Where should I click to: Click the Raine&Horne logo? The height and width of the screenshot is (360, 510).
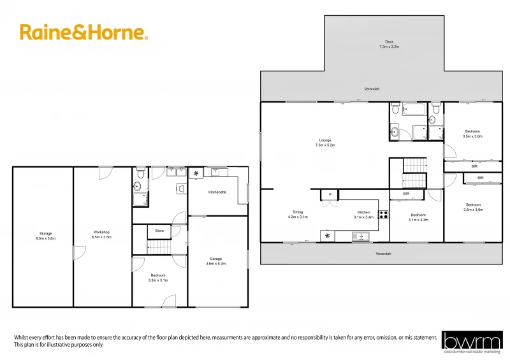click(84, 32)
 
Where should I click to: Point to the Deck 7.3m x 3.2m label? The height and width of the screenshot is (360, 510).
click(388, 45)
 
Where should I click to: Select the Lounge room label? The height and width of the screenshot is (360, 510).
click(325, 143)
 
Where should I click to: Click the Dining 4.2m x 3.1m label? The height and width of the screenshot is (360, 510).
click(298, 215)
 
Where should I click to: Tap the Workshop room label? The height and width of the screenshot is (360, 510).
click(102, 234)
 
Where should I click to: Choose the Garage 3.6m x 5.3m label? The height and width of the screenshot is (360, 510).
click(216, 261)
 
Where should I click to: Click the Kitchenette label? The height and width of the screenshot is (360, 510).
click(217, 192)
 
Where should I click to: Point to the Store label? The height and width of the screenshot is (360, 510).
click(159, 231)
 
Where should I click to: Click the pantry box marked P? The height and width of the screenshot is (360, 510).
click(330, 195)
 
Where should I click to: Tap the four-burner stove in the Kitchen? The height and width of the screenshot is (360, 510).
click(384, 215)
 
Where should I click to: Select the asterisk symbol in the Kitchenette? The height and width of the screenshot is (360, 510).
click(196, 173)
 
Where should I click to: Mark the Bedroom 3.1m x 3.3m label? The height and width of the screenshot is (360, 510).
click(418, 217)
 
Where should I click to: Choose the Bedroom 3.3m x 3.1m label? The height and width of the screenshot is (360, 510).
click(158, 278)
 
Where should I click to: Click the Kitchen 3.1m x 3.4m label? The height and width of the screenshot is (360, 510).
click(363, 215)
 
